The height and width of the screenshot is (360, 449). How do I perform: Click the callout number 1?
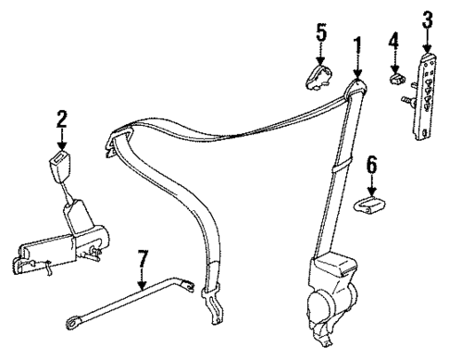pyautogui.click(x=358, y=43)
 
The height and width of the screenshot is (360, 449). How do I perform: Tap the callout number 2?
pyautogui.click(x=61, y=118)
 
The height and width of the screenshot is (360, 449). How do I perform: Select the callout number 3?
pyautogui.click(x=427, y=20)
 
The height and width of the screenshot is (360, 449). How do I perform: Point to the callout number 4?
pyautogui.click(x=393, y=42)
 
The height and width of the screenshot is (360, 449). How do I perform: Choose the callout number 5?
pyautogui.click(x=321, y=32)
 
